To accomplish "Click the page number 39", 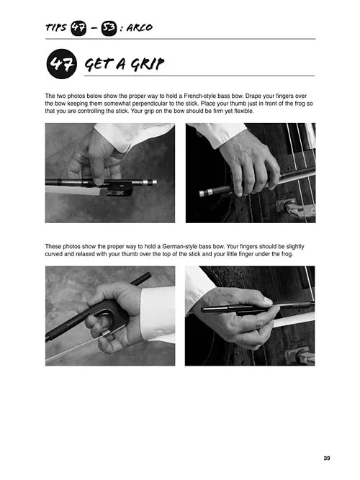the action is pos(327,458).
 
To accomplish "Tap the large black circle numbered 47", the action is pos(62,64).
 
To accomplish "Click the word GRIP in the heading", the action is pos(148,63).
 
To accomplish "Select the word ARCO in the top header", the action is pos(140,27).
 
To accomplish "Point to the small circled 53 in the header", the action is pos(109,28).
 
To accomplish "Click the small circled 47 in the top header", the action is pos(78,28).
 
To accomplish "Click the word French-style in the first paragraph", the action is pos(199,96).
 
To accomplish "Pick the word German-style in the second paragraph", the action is pos(179,246).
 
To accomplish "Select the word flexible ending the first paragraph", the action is pos(243,111).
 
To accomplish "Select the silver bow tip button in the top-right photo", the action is pos(205,193).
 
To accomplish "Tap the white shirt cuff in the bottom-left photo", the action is pos(158,312).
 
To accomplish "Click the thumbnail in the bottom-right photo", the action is pos(268,301).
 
